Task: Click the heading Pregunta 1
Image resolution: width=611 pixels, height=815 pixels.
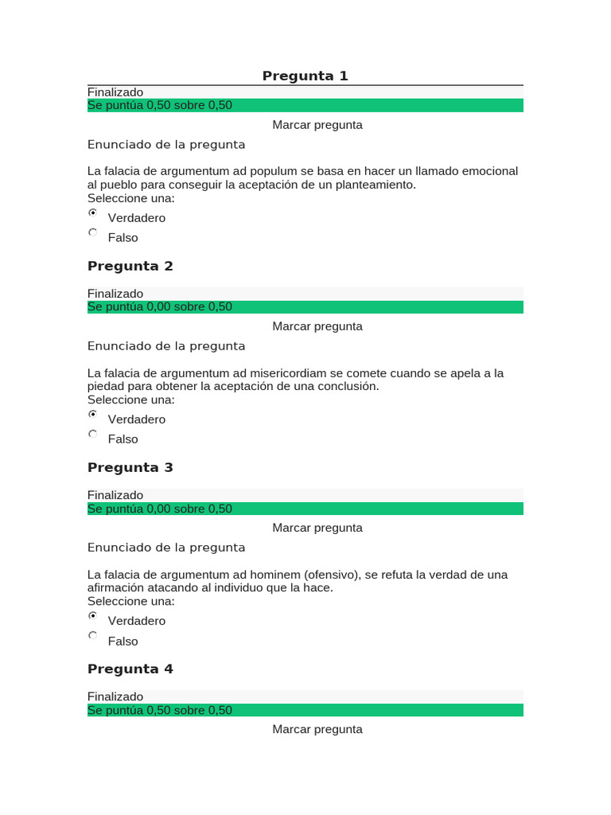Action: pyautogui.click(x=305, y=76)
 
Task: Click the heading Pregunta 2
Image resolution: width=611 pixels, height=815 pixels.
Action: pyautogui.click(x=130, y=266)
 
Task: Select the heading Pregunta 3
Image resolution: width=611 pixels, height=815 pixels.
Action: pyautogui.click(x=130, y=467)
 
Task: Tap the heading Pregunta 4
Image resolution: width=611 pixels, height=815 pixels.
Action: pyautogui.click(x=130, y=669)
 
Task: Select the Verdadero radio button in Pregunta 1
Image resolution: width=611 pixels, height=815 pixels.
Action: pyautogui.click(x=93, y=213)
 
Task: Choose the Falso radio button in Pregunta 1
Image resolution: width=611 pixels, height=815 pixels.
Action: pyautogui.click(x=93, y=233)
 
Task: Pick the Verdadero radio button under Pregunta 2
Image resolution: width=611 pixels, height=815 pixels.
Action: pyautogui.click(x=93, y=415)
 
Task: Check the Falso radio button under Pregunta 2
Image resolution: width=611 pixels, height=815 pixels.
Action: pyautogui.click(x=93, y=435)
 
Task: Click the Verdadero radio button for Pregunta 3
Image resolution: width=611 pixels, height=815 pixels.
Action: pyautogui.click(x=93, y=616)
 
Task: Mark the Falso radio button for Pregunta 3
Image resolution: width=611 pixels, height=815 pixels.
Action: pyautogui.click(x=93, y=636)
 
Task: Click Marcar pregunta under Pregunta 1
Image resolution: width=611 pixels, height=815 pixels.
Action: pyautogui.click(x=317, y=125)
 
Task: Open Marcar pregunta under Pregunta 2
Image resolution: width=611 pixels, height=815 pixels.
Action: pyautogui.click(x=317, y=326)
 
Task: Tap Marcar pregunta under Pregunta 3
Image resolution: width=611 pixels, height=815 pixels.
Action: pyautogui.click(x=317, y=528)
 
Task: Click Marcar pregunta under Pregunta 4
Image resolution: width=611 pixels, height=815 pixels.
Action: pyautogui.click(x=317, y=729)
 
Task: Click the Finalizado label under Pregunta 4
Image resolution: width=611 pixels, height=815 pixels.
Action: pyautogui.click(x=115, y=696)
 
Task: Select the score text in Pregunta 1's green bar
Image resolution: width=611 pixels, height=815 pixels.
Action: pyautogui.click(x=160, y=105)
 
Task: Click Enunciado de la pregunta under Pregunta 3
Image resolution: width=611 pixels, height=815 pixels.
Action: pyautogui.click(x=166, y=548)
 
